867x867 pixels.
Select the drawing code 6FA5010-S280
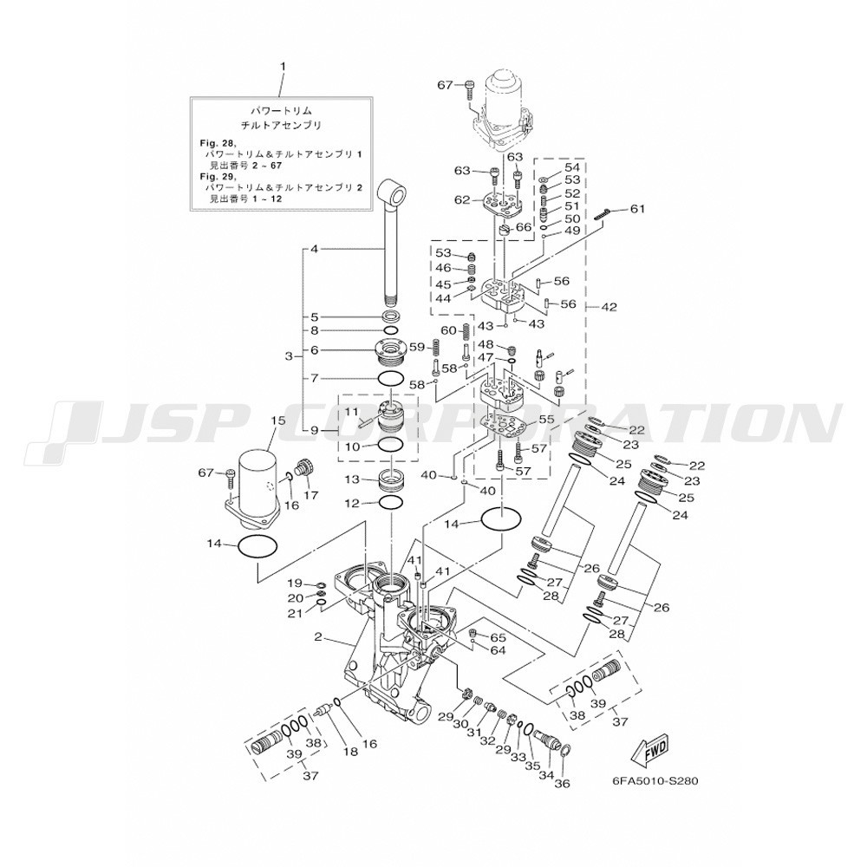(x=653, y=780)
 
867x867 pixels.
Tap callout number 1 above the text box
(x=283, y=67)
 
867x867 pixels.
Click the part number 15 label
(x=277, y=420)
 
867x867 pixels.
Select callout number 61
(x=637, y=209)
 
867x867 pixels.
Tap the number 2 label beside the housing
(x=318, y=637)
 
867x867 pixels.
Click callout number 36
(x=562, y=785)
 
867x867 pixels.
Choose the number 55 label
(x=546, y=420)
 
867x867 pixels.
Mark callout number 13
(x=351, y=479)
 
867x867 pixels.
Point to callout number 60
(x=448, y=330)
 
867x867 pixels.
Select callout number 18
(x=349, y=753)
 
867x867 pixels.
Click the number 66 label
(x=523, y=227)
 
